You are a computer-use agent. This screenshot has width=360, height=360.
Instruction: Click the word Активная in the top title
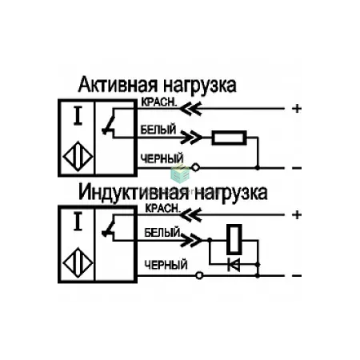tap(118, 85)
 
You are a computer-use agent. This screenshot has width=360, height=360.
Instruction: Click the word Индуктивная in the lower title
tap(134, 193)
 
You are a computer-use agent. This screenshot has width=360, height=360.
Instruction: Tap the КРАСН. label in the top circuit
tap(159, 102)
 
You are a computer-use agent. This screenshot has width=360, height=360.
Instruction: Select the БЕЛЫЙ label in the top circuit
tap(158, 130)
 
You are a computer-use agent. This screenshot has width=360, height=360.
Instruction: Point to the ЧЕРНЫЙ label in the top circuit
tap(162, 159)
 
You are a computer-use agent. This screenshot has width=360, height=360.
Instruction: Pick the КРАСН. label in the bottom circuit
tap(162, 208)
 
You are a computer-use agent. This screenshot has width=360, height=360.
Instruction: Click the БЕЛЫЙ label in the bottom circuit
tap(162, 233)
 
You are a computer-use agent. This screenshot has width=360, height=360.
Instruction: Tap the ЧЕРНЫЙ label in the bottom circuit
tap(166, 265)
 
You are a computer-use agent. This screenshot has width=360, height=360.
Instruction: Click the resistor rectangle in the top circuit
tap(229, 138)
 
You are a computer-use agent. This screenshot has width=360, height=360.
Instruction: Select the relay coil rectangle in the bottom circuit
tap(234, 239)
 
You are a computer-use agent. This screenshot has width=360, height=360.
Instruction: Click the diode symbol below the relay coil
tap(234, 265)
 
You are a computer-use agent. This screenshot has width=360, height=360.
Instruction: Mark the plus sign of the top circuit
tap(297, 109)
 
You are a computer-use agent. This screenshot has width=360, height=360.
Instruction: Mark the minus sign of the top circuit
tap(297, 168)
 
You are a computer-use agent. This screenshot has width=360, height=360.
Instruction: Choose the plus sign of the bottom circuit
tap(297, 215)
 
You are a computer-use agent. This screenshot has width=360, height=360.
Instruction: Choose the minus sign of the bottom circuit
tap(297, 276)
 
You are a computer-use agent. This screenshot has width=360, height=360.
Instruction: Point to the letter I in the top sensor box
tap(78, 116)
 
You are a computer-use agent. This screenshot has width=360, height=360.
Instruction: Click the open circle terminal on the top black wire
tap(195, 168)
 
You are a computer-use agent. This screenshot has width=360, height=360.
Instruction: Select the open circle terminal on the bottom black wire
tap(199, 275)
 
